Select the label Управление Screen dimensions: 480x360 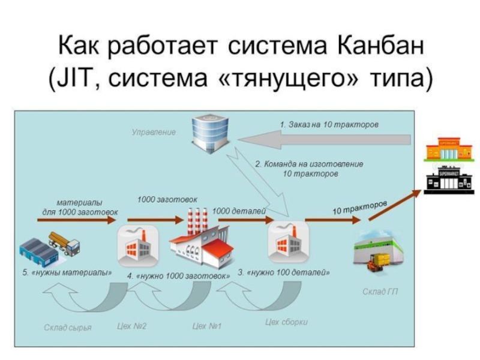154,132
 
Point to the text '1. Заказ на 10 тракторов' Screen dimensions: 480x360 329,125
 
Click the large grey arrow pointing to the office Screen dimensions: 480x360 324,140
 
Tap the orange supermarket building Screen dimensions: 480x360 448,149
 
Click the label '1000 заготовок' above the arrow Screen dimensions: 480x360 167,200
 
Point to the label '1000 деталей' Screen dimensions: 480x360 239,211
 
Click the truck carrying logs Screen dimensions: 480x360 64,244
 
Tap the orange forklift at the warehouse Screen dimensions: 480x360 376,262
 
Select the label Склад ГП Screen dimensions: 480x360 380,292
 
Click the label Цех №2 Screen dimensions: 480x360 131,326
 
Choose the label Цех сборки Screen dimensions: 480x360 286,322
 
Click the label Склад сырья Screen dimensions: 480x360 68,328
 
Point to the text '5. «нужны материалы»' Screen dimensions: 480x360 67,272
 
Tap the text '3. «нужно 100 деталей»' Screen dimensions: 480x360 284,272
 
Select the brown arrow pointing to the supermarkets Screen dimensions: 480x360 395,205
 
